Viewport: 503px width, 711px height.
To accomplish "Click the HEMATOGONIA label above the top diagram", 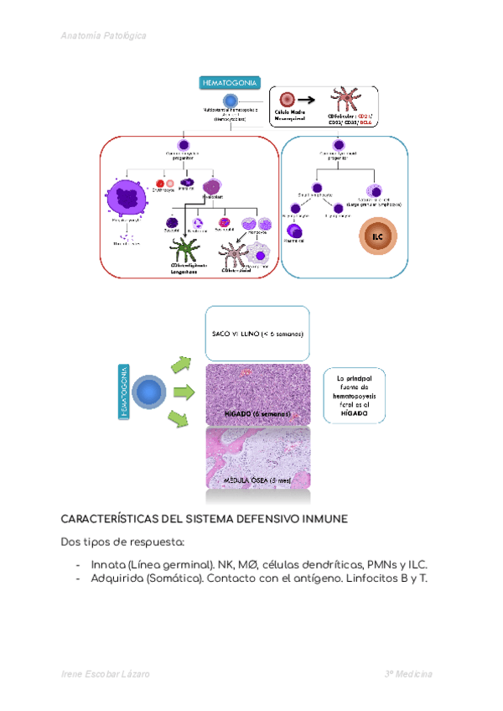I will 229,82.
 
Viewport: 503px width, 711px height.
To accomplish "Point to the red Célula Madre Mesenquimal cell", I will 288,99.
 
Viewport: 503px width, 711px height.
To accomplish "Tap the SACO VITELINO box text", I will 257,335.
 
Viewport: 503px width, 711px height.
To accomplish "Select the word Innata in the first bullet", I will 109,564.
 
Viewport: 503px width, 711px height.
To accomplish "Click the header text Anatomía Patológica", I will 104,36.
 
